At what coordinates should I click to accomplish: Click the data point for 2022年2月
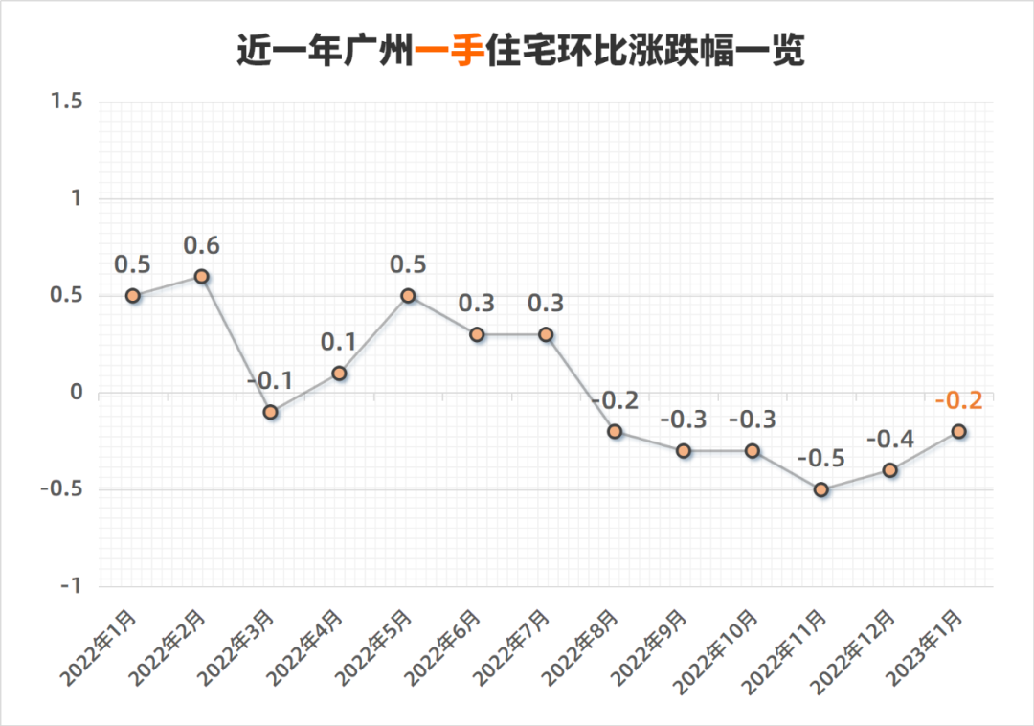tap(202, 276)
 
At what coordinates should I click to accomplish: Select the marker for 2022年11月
tap(821, 489)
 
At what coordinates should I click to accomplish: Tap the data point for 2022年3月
tap(271, 412)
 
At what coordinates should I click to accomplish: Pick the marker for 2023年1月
tap(958, 431)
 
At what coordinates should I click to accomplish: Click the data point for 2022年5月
tap(408, 296)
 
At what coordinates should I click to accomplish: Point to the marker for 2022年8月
tap(615, 431)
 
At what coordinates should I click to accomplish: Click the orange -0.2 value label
tap(958, 399)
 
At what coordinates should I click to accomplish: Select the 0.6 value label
tap(202, 245)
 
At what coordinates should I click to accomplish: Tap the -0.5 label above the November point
tap(821, 458)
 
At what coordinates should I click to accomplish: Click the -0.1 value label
tap(271, 381)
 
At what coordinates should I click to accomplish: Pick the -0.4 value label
tap(889, 439)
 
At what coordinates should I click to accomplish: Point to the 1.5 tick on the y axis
tap(67, 102)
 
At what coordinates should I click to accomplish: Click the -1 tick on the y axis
tap(72, 586)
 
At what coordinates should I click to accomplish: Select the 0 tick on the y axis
tap(78, 393)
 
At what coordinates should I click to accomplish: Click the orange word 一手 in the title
tap(450, 51)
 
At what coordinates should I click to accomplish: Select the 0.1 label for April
tap(339, 342)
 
